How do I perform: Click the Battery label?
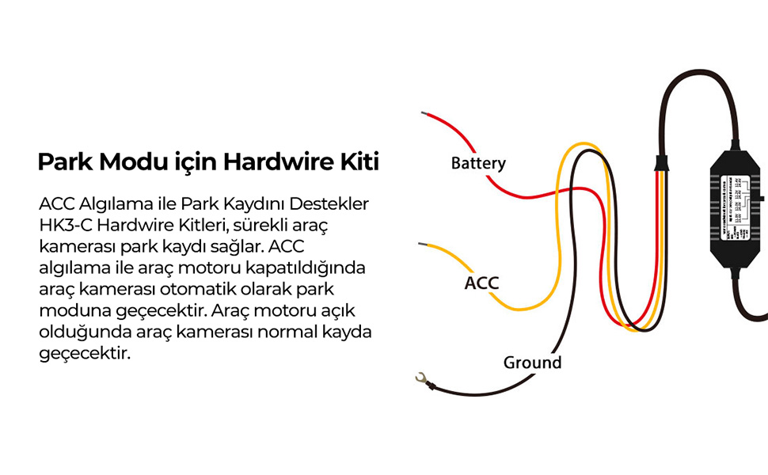point(478,164)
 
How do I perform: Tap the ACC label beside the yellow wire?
point(481,283)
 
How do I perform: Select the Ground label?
point(532,363)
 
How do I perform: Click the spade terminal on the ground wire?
point(422,379)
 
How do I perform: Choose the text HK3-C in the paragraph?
point(63,225)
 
